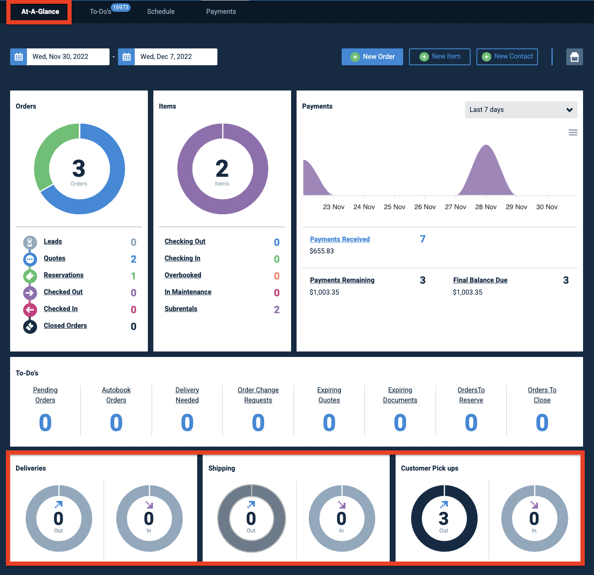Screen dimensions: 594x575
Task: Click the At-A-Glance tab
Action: click(40, 12)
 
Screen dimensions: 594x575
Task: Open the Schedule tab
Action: click(161, 12)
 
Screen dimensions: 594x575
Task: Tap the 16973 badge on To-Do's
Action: click(120, 7)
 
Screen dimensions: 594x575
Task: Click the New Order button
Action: click(372, 57)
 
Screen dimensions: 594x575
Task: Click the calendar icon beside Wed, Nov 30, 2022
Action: click(19, 57)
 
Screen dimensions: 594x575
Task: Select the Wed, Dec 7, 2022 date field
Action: click(176, 57)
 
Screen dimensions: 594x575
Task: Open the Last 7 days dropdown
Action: click(521, 110)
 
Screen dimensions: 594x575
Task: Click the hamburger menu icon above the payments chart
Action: click(573, 133)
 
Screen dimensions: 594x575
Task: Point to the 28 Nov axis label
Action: click(486, 207)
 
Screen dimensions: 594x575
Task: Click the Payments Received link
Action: click(340, 239)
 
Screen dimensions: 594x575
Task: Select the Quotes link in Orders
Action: click(54, 258)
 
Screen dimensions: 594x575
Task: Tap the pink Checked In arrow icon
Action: click(30, 310)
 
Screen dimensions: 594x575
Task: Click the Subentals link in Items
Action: click(181, 309)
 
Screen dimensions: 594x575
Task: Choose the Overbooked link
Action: click(183, 275)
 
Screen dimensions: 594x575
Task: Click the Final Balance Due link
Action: click(480, 280)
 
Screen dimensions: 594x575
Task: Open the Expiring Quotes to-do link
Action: click(329, 395)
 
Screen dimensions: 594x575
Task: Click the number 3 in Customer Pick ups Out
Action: click(444, 518)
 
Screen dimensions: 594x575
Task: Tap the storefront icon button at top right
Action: click(574, 57)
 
